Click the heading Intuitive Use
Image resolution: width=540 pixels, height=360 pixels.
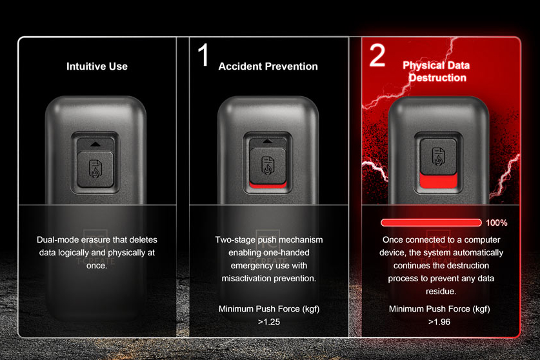pos(97,66)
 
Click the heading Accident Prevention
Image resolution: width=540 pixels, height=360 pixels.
pos(268,66)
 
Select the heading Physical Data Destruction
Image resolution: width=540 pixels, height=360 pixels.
pos(437,72)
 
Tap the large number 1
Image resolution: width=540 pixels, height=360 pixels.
pos(203,55)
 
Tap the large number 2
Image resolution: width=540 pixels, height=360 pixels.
pos(377,56)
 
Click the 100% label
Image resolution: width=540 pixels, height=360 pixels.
pos(496,223)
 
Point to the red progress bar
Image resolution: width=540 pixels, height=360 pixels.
pos(431,223)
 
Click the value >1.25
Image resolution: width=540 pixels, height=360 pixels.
pos(268,321)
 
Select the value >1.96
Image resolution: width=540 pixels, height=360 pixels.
pos(439,321)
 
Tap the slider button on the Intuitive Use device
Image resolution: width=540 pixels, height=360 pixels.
pos(96,168)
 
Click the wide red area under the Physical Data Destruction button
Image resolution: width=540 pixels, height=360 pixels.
pos(438,183)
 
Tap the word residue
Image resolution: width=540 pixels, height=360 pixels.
pos(438,292)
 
